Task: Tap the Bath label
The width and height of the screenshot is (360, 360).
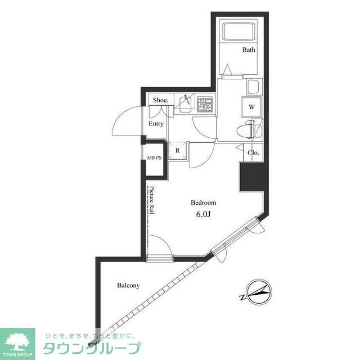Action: (249, 49)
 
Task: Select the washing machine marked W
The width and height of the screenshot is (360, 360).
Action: (251, 107)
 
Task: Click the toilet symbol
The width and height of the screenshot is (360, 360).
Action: (246, 129)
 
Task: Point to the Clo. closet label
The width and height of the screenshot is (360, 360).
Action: (253, 152)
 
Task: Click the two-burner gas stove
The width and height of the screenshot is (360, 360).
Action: (205, 104)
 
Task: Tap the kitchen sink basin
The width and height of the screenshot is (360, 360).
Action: (185, 105)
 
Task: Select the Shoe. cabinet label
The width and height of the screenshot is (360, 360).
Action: (161, 100)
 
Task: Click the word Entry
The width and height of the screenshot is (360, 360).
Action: (156, 124)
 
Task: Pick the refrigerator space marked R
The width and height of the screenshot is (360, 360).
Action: (178, 151)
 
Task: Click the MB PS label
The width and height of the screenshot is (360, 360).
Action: (154, 157)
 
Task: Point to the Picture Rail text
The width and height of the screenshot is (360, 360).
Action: (152, 200)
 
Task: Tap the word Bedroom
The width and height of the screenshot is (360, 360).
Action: (204, 202)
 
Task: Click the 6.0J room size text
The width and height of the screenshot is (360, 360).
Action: (204, 214)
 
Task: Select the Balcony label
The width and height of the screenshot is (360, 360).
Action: (128, 285)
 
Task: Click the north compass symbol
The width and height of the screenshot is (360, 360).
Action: (259, 292)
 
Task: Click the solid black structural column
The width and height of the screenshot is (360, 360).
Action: (252, 177)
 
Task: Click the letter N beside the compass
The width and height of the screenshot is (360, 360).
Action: (242, 298)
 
